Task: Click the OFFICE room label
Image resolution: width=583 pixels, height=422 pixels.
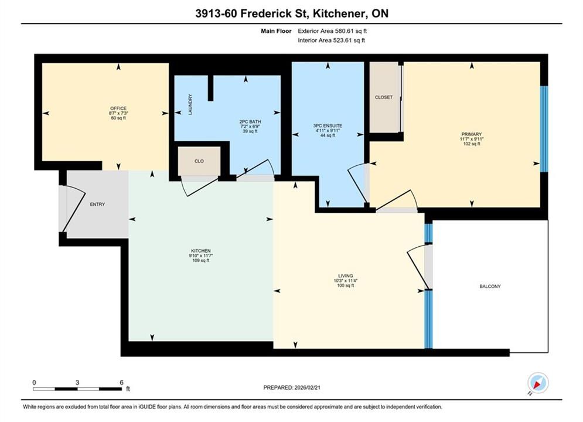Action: [x=118, y=108]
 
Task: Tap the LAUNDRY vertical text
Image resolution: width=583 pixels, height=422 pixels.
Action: [x=190, y=104]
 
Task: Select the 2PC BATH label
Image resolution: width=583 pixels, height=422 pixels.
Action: [x=250, y=121]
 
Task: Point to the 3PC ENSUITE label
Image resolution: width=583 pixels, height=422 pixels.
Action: [x=328, y=125]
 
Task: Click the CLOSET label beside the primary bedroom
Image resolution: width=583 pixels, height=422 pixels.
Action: [x=384, y=97]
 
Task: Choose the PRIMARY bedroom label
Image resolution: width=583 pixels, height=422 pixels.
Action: [x=472, y=134]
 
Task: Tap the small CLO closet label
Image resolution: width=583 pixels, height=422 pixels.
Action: [x=199, y=161]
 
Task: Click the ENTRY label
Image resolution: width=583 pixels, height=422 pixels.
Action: [x=97, y=204]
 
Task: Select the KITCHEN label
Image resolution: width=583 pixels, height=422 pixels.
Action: [x=201, y=251]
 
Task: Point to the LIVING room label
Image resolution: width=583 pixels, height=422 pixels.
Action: [x=346, y=276]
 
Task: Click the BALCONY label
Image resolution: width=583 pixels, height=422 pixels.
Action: [x=490, y=286]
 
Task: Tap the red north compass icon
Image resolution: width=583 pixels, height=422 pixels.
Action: [x=538, y=383]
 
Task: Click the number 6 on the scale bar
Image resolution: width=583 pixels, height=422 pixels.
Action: [x=122, y=382]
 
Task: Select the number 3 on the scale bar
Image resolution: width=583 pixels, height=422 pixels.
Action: [x=77, y=382]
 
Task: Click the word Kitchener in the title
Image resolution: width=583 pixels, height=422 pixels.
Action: [x=337, y=13]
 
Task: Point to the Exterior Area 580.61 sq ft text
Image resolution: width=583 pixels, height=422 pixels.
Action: [x=332, y=31]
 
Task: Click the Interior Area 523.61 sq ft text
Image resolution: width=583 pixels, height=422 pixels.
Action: [x=331, y=40]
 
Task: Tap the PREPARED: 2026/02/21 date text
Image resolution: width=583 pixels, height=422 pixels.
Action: [x=292, y=387]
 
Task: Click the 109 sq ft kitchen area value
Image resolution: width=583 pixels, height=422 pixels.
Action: [x=201, y=261]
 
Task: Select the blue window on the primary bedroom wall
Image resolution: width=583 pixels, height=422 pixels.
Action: [x=544, y=129]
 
